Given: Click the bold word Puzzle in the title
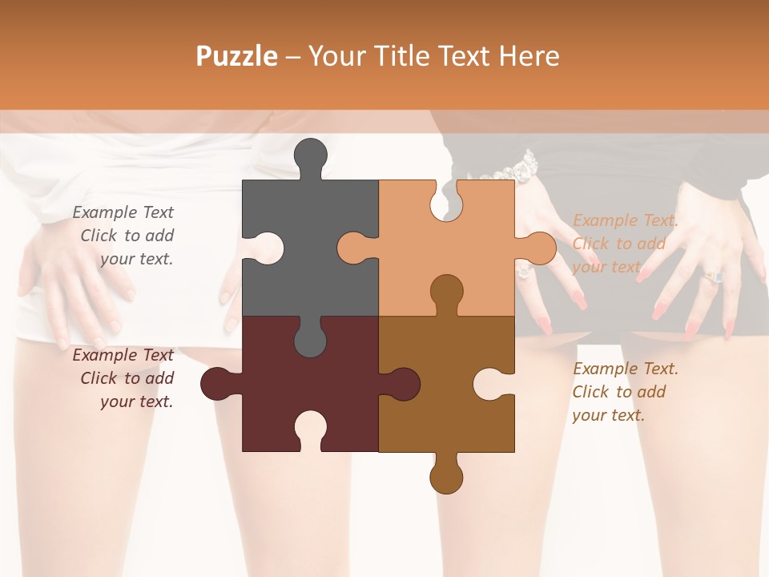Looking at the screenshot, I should (x=237, y=56).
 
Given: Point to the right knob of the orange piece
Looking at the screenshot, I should (x=538, y=248).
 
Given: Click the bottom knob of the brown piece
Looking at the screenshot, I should (x=445, y=476).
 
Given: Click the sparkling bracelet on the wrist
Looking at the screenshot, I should (x=517, y=167).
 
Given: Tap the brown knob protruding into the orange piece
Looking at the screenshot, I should (x=446, y=290).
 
